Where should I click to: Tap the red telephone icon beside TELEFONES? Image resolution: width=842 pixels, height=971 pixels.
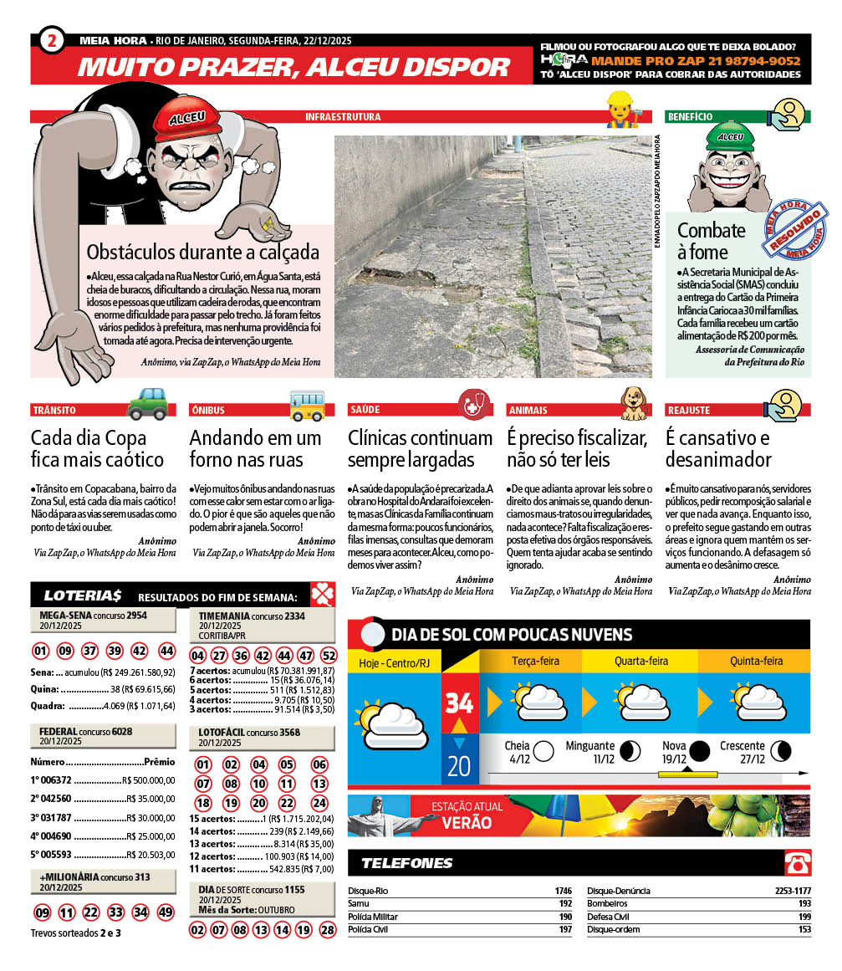point(796,862)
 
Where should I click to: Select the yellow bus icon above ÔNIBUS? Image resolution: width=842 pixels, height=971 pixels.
point(307,404)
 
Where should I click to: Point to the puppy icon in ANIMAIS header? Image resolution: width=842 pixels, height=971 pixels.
point(633,403)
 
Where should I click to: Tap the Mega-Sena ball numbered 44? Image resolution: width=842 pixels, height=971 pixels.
point(166,652)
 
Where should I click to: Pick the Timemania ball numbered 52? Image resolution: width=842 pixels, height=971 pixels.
point(329,656)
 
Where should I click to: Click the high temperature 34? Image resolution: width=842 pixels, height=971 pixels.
point(459,703)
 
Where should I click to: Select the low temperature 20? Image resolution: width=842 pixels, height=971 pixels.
point(459,765)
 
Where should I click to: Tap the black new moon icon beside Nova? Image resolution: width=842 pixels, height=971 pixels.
point(699,749)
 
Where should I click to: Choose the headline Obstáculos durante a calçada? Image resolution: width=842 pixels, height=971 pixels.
point(203,252)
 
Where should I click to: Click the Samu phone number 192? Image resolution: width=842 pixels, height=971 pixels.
point(565,904)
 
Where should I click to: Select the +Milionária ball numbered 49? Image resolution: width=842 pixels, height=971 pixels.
point(166,912)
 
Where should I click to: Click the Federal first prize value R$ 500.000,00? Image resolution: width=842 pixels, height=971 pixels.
point(149,779)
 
